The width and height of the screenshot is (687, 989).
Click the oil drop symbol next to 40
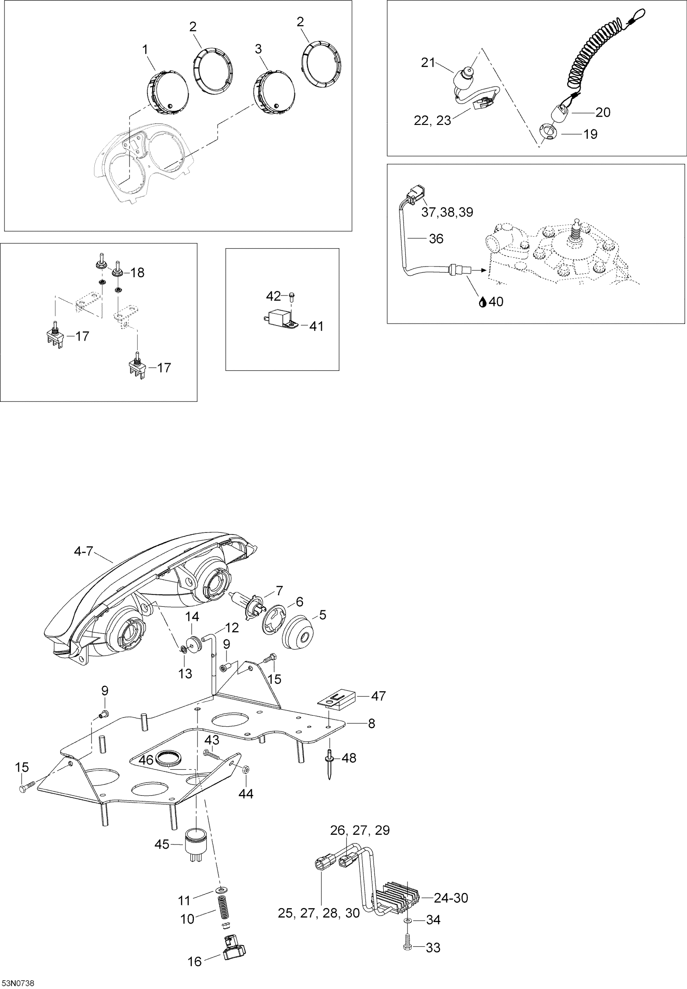tap(483, 302)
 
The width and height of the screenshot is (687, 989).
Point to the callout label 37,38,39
tap(447, 212)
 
